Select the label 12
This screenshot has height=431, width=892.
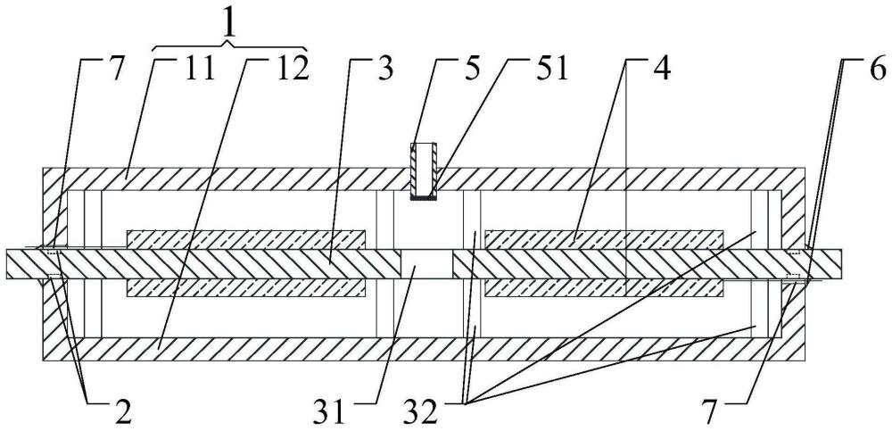point(292,70)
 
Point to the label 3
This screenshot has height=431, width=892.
point(385,70)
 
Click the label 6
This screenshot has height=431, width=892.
point(877,70)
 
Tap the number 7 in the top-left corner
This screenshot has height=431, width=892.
point(115,70)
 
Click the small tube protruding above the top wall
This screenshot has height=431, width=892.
point(424,171)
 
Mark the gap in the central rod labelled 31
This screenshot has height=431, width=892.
point(426,264)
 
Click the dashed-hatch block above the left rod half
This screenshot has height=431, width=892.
point(246,240)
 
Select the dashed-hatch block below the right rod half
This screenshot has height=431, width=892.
point(604,288)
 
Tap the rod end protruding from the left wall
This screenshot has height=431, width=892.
point(24,264)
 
